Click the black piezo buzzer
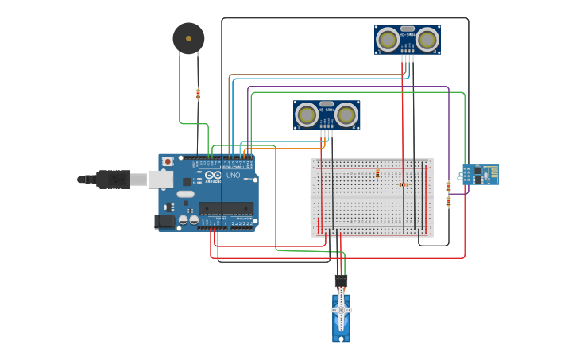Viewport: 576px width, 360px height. pyautogui.click(x=188, y=38)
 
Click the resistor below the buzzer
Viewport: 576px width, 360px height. pyautogui.click(x=198, y=94)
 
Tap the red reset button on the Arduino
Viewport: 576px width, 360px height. pyautogui.click(x=167, y=161)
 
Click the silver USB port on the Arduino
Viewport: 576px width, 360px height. pyautogui.click(x=160, y=180)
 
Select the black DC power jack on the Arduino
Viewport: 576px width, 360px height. pyautogui.click(x=165, y=222)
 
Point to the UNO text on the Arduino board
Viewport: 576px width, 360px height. pyautogui.click(x=233, y=176)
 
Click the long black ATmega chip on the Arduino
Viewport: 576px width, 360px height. pyautogui.click(x=226, y=209)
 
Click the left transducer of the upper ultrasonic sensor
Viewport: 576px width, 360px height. pyautogui.click(x=388, y=39)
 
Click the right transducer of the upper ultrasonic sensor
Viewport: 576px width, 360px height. pyautogui.click(x=427, y=39)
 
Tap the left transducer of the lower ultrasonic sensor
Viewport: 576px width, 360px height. pyautogui.click(x=307, y=115)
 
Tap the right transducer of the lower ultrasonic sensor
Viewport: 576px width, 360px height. pyautogui.click(x=346, y=115)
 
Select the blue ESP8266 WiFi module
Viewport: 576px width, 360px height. pyautogui.click(x=481, y=174)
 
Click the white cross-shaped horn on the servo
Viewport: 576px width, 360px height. pyautogui.click(x=342, y=310)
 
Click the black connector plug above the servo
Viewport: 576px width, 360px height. pyautogui.click(x=341, y=281)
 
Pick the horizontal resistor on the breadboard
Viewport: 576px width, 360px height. pyautogui.click(x=403, y=184)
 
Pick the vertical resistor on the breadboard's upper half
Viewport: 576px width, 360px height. pyautogui.click(x=377, y=173)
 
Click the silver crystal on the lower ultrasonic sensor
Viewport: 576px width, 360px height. pyautogui.click(x=327, y=103)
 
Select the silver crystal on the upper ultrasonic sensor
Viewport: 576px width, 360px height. pyautogui.click(x=408, y=28)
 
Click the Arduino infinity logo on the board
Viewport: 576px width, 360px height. pyautogui.click(x=213, y=176)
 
